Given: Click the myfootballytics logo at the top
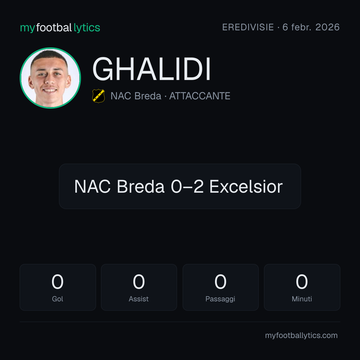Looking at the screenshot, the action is coord(60,28).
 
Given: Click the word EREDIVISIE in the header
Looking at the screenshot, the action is coord(248,27).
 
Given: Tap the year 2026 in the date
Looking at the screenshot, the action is coord(327,27).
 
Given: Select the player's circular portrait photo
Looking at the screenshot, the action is coord(50,78).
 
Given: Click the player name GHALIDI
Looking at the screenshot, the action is coord(152,69).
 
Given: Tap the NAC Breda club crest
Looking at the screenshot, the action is coord(98,96).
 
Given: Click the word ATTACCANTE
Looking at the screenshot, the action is coord(200,96).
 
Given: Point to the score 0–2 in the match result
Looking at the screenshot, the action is coord(187,186).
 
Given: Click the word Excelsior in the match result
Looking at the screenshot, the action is coord(246,186).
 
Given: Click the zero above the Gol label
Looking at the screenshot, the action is coord(57,282).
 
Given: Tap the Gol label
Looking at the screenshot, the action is coord(57,299).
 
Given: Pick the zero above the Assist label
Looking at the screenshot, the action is coord(139,282).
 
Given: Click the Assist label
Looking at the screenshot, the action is coord(139,299).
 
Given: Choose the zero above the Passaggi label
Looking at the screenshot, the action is coord(220,282).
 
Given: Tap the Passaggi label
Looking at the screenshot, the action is coord(220,299).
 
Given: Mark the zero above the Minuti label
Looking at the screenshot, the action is coord(302,282).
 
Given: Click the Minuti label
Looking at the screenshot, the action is coord(302,299).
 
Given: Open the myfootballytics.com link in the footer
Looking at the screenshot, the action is coord(301,335).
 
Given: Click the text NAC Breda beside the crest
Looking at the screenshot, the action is coord(136,96).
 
